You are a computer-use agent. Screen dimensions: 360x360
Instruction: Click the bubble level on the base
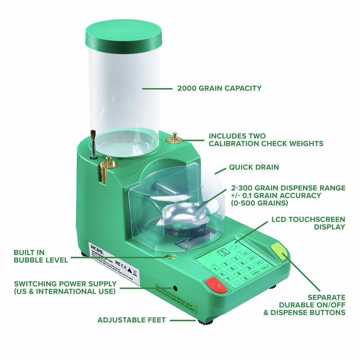pyautogui.click(x=170, y=257)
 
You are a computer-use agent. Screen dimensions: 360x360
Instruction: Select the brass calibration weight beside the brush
pyautogui.click(x=108, y=167)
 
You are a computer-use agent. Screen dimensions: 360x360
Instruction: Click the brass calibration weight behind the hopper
pyautogui.click(x=174, y=138)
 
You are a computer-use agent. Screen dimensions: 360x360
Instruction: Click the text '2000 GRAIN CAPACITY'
pyautogui.click(x=219, y=88)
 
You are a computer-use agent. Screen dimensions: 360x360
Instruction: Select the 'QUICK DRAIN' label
pyautogui.click(x=254, y=167)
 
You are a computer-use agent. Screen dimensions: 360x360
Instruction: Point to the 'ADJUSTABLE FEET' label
pyautogui.click(x=132, y=320)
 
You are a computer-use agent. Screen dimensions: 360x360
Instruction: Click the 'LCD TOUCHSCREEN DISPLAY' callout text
pyautogui.click(x=308, y=223)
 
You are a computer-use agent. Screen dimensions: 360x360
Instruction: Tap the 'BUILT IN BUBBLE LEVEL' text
pyautogui.click(x=40, y=256)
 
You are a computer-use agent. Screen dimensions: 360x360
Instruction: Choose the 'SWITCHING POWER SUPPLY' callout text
pyautogui.click(x=65, y=288)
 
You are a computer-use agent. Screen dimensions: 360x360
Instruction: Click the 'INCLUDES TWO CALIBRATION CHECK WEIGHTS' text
pyautogui.click(x=265, y=139)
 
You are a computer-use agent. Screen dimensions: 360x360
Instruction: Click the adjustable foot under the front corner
pyautogui.click(x=205, y=322)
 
